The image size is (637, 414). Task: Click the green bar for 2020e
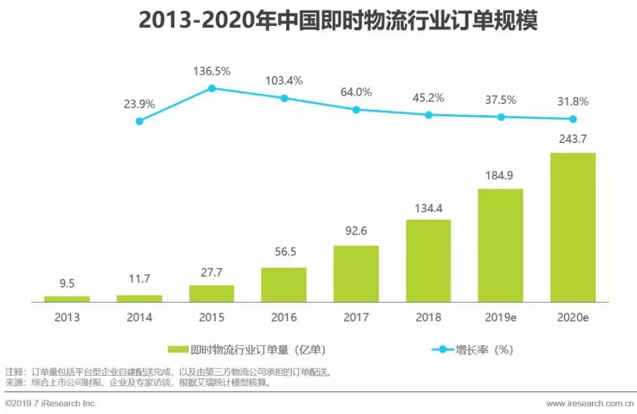pos(572,227)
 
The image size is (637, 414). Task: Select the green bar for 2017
pos(356,273)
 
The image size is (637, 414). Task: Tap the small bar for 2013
pos(67,299)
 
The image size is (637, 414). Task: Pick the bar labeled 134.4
pos(428,260)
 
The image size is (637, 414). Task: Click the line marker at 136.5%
pos(212,89)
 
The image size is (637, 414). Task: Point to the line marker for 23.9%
pos(139,121)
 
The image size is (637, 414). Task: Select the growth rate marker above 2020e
pos(572,119)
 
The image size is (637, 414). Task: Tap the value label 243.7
pos(572,139)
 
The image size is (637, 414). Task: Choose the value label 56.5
pos(284,252)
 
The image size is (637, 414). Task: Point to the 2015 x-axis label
pos(212,318)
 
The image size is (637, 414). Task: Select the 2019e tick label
pos(500,318)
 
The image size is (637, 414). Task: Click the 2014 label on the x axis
pos(139,318)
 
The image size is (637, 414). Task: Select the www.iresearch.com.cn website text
pos(590,403)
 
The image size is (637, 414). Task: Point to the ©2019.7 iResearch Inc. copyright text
pos(51,403)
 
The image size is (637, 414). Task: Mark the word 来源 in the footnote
pos(13,383)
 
